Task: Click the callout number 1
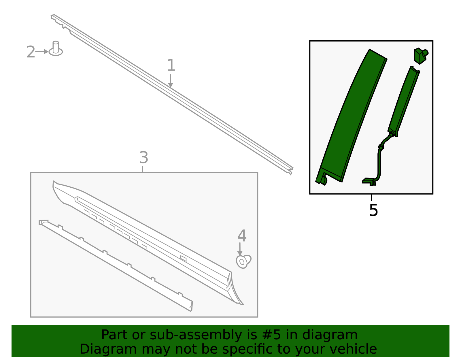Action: click(x=171, y=65)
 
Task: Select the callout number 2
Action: click(x=31, y=52)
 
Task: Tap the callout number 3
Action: click(x=143, y=157)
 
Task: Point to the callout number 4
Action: click(x=242, y=235)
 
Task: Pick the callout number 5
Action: click(x=374, y=210)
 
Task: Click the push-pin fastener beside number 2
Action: click(x=56, y=48)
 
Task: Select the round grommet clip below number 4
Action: click(x=243, y=261)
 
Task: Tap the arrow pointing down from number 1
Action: click(x=171, y=81)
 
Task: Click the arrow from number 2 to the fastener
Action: click(x=42, y=52)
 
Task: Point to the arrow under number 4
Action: click(x=240, y=249)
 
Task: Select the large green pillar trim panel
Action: click(x=351, y=117)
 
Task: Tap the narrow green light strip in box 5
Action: click(x=404, y=101)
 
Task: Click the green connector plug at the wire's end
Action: click(x=369, y=182)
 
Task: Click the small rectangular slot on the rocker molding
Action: click(x=183, y=258)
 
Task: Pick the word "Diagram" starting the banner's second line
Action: click(x=108, y=349)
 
